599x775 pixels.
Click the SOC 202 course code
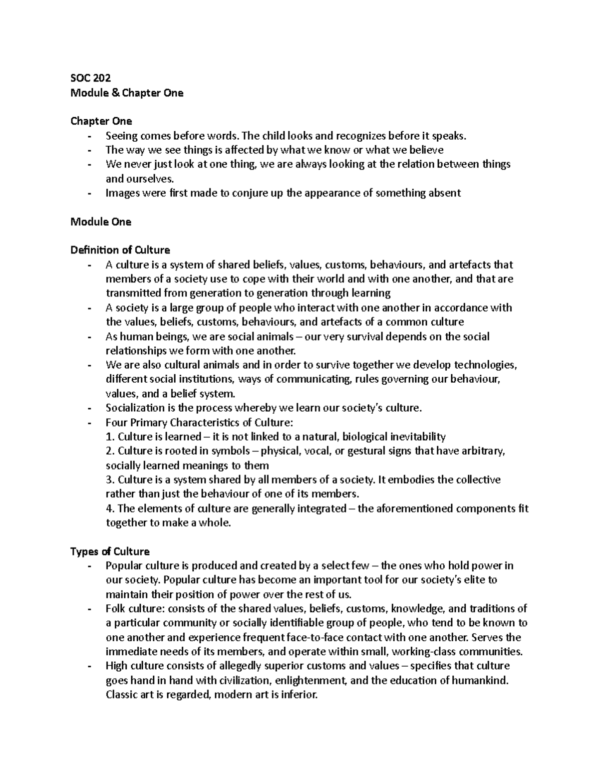pos(90,78)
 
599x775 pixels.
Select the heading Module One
pos(101,222)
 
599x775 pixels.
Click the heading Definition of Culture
pos(120,250)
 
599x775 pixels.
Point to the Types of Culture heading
pos(110,551)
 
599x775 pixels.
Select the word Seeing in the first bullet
pos(121,136)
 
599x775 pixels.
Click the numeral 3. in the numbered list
pos(110,480)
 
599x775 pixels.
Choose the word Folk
pos(115,609)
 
